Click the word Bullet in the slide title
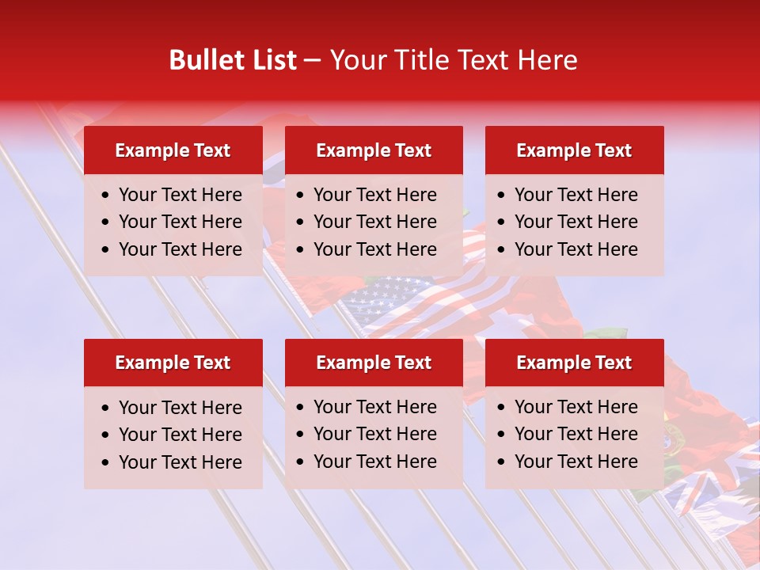202,60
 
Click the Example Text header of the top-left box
173,150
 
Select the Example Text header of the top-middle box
374,150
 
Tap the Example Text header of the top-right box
574,150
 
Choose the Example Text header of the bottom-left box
173,363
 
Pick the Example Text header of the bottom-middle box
374,363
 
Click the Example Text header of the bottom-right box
574,363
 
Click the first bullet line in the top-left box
180,195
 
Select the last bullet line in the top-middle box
374,249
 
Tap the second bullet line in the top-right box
576,222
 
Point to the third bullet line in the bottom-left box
180,462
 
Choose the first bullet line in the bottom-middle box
374,407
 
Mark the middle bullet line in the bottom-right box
576,434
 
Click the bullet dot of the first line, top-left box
106,196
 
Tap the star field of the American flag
372,297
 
